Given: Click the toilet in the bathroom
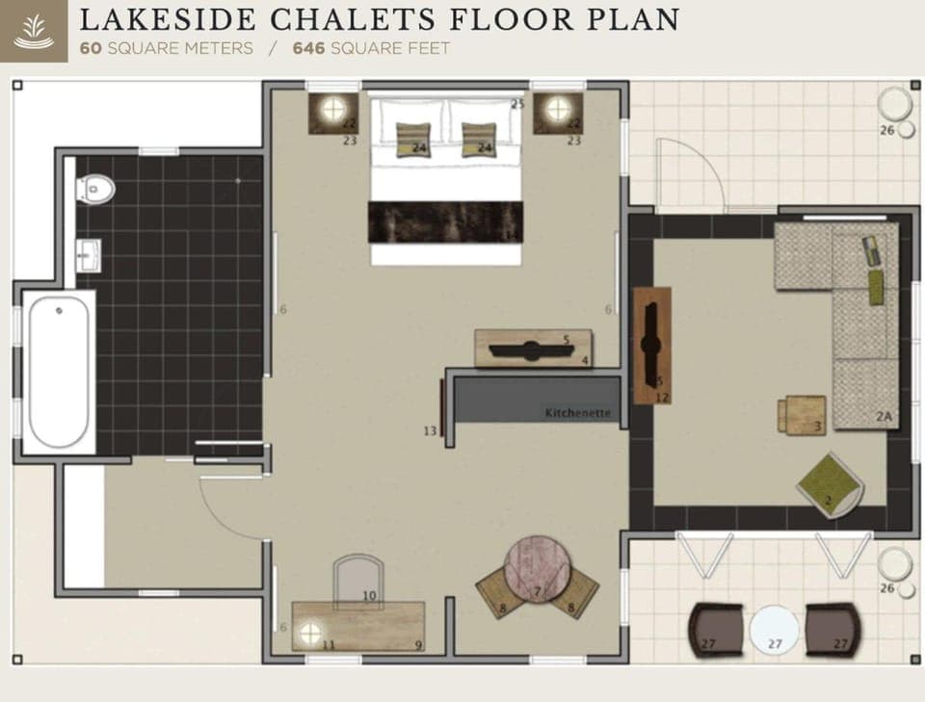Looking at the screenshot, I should [x=96, y=189].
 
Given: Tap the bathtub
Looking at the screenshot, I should [x=60, y=371].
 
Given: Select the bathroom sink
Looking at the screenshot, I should [x=88, y=255].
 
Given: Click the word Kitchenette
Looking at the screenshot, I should [x=578, y=413].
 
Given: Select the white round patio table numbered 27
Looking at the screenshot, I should [x=775, y=631].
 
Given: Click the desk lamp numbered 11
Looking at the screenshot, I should [x=311, y=633].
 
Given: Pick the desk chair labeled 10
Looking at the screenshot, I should [x=357, y=582].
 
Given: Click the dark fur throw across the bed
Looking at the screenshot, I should [x=445, y=222].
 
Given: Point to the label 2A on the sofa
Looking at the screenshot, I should [x=885, y=416].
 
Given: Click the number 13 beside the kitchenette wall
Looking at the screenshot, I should [x=430, y=430].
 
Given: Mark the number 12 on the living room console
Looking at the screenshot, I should [x=662, y=397].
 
